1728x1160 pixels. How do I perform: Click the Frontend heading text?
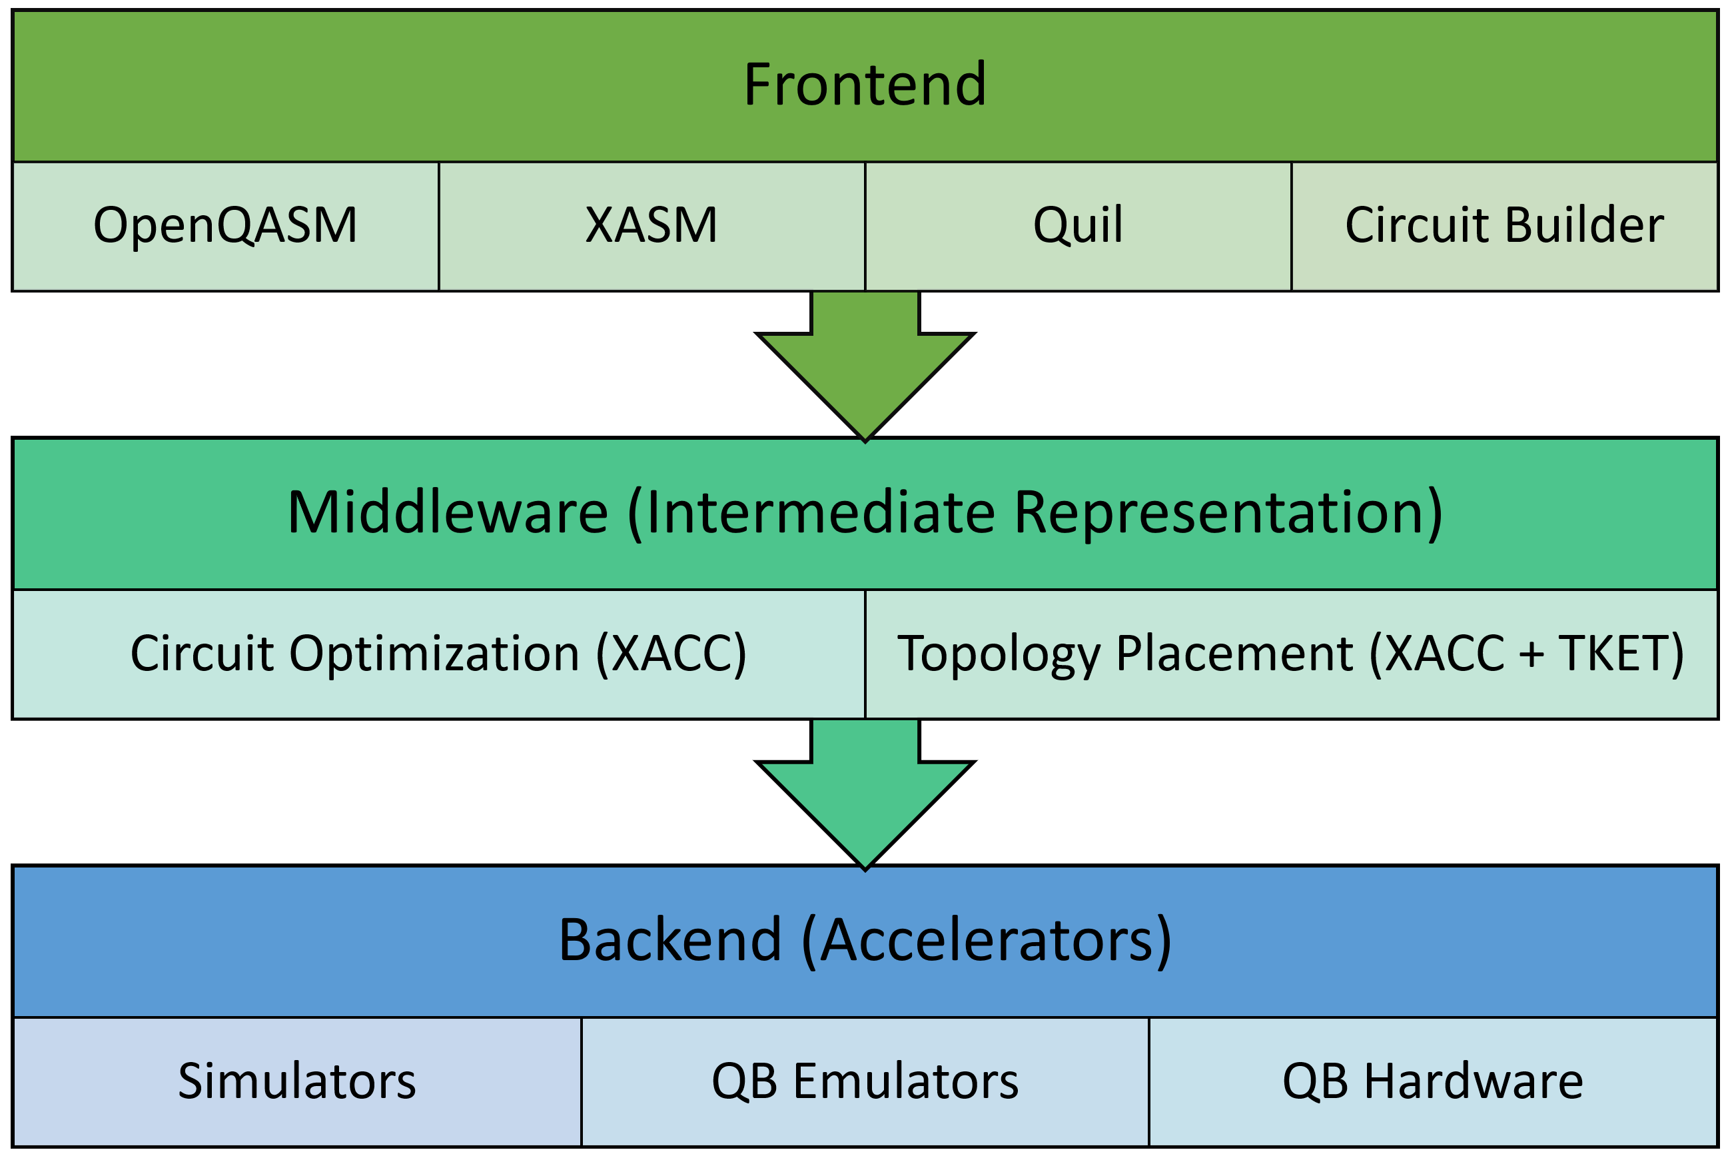point(864,85)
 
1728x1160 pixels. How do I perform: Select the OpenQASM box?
point(226,227)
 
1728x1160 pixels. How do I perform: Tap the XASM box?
point(651,227)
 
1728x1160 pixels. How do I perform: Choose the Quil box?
point(1078,227)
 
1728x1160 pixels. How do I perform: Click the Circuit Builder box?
point(1505,227)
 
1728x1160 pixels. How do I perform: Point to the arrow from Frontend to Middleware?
point(865,366)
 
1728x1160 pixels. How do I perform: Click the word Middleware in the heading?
point(448,512)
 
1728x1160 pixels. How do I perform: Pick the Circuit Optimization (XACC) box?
point(438,654)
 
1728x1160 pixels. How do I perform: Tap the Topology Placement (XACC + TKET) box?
point(1292,654)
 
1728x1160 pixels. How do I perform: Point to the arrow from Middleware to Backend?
point(865,794)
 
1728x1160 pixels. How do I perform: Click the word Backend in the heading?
point(669,939)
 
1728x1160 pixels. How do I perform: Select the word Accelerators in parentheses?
point(987,939)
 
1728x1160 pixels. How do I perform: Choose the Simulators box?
point(296,1082)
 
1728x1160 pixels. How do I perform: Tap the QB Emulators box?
point(865,1082)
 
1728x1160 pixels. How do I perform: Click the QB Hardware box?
point(1434,1082)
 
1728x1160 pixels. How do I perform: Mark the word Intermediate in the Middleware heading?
point(820,512)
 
